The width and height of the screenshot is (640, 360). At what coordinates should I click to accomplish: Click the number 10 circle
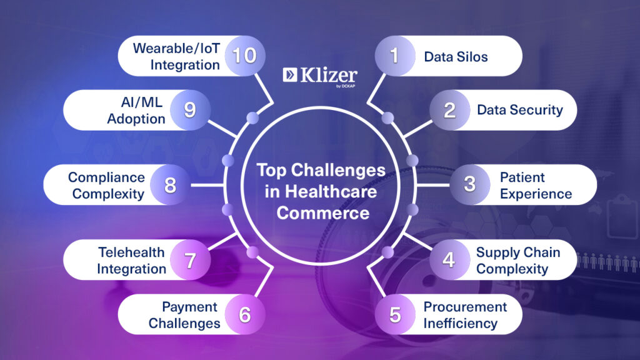[245, 56]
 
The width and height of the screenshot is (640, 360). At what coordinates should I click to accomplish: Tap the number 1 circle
[395, 56]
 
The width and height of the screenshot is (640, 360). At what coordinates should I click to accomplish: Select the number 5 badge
[395, 314]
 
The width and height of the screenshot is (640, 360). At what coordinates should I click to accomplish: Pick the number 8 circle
[170, 185]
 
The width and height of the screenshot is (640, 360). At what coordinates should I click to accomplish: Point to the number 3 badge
[470, 185]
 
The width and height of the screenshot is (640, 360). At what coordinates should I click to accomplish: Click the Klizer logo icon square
[290, 75]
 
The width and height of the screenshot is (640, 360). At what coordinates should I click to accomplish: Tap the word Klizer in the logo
[329, 75]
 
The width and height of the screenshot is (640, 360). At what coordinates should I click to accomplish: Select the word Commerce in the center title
[323, 213]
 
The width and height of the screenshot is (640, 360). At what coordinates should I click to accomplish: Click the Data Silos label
[456, 57]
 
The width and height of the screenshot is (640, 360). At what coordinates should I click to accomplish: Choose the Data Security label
[520, 110]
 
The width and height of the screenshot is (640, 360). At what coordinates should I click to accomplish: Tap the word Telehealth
[131, 252]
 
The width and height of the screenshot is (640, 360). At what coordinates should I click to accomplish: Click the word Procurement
[465, 306]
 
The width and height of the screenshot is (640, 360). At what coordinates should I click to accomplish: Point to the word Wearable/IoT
[176, 49]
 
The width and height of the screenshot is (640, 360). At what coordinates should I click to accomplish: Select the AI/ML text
[142, 102]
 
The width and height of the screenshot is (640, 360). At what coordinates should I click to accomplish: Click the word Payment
[190, 307]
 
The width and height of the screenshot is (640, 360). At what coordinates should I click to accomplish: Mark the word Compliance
[106, 177]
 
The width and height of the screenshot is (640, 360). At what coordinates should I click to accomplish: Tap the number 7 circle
[190, 260]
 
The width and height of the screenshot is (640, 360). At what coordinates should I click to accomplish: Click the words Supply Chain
[518, 252]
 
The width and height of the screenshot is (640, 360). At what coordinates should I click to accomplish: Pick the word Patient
[522, 177]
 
